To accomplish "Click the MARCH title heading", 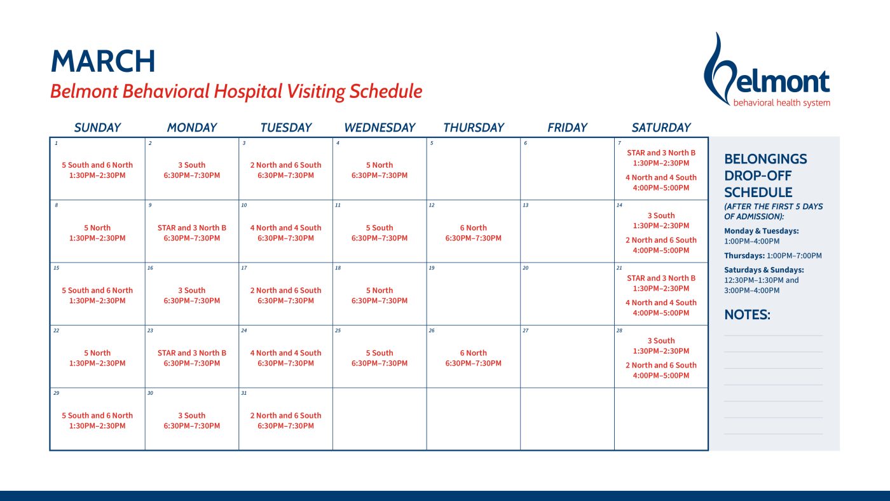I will tap(103, 62).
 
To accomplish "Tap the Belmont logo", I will tap(767, 71).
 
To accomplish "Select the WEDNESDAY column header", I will tap(380, 128).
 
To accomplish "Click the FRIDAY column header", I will tap(567, 128).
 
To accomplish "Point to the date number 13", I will tap(526, 205).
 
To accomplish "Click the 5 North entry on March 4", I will tap(380, 170).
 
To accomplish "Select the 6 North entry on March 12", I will tap(474, 233).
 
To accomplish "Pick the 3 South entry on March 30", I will tap(192, 420).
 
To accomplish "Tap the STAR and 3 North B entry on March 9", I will tap(192, 233).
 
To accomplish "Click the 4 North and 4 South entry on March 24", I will tap(285, 358).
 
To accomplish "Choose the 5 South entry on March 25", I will tap(380, 358).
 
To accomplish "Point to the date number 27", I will tap(526, 331).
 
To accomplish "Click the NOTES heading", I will tap(747, 315).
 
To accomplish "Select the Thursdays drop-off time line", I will tap(772, 256).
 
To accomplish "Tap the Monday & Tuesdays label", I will tap(762, 231).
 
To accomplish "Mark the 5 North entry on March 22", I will tap(97, 358).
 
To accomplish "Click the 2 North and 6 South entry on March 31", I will tap(285, 420).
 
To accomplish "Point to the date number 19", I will tap(432, 268).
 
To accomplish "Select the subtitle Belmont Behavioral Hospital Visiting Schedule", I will tap(236, 92).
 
